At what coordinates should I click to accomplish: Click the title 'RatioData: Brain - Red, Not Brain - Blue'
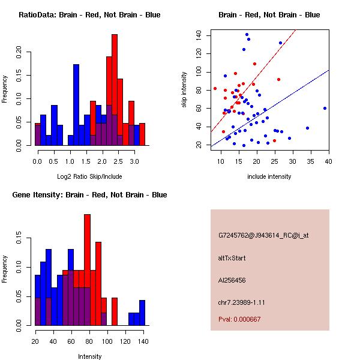[x=89, y=15]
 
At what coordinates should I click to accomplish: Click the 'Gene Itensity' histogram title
[x=89, y=195]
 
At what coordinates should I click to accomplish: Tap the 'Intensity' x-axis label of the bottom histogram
[x=89, y=356]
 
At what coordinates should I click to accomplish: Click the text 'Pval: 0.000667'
[x=239, y=320]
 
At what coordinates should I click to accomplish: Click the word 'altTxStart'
[x=232, y=258]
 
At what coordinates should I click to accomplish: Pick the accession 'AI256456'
[x=232, y=280]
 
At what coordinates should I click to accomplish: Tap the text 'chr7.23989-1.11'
[x=241, y=302]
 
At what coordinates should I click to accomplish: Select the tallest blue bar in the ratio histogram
[x=76, y=105]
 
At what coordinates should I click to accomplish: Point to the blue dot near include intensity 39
[x=325, y=108]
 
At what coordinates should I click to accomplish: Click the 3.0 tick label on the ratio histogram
[x=134, y=162]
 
